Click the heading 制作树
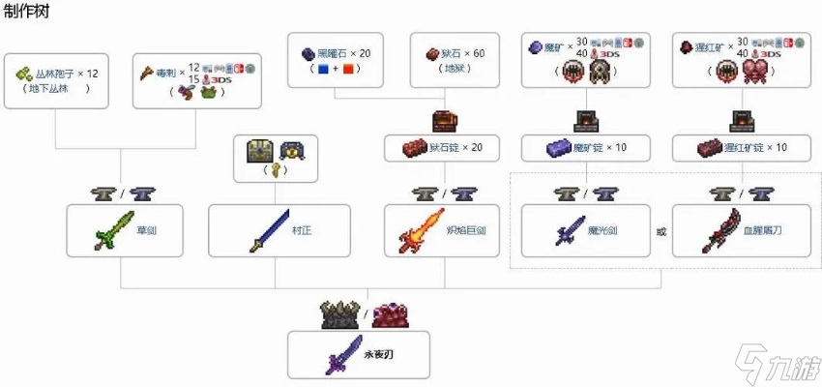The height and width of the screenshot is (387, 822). pyautogui.click(x=27, y=12)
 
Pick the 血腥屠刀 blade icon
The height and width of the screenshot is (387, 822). pyautogui.click(x=721, y=230)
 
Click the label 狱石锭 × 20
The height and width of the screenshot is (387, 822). pyautogui.click(x=455, y=149)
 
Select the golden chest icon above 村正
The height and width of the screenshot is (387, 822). pyautogui.click(x=260, y=150)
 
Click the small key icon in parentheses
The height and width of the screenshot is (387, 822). pyautogui.click(x=276, y=170)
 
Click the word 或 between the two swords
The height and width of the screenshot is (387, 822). pyautogui.click(x=661, y=231)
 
